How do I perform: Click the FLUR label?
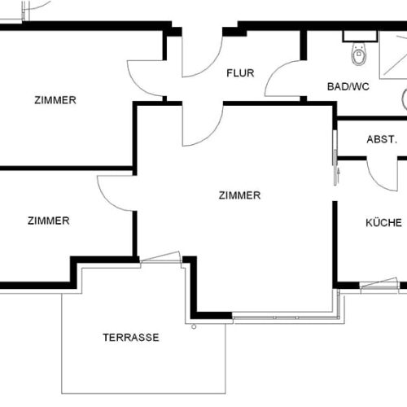[240, 73]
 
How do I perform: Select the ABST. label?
[382, 139]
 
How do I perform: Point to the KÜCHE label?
[382, 221]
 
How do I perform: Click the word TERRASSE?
[130, 337]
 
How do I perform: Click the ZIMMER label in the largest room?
[239, 195]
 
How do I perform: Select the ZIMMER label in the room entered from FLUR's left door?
[55, 100]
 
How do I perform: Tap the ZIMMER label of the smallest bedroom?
[48, 220]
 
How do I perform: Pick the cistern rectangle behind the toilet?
[356, 37]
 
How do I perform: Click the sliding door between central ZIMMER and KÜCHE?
[335, 155]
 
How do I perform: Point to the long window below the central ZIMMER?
[285, 317]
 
